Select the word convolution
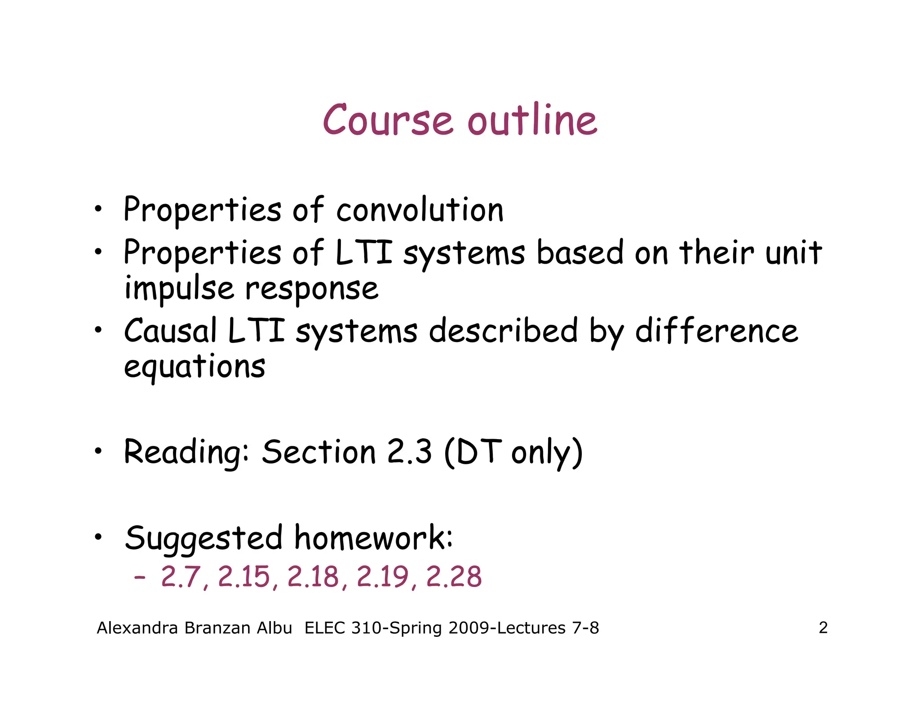420,210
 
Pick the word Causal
171,331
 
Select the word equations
195,366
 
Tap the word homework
374,538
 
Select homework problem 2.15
244,577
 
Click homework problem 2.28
454,577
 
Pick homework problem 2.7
181,577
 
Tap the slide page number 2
823,627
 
